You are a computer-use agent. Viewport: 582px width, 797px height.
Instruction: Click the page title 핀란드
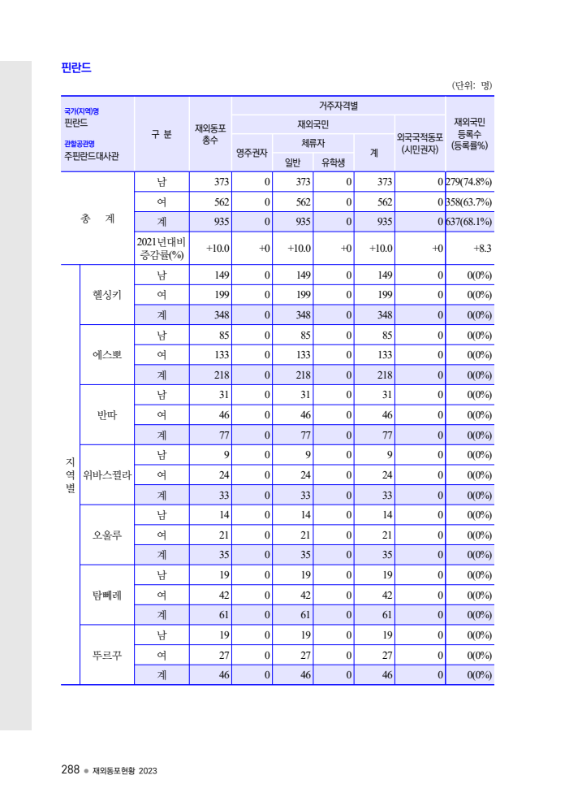pyautogui.click(x=76, y=68)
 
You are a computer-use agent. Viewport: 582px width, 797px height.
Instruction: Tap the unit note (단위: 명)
pyautogui.click(x=472, y=85)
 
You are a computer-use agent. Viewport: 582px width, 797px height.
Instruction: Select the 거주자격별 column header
pyautogui.click(x=338, y=106)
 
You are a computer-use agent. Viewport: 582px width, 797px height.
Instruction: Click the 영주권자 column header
pyautogui.click(x=252, y=152)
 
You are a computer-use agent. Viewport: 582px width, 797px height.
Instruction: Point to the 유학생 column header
pyautogui.click(x=333, y=162)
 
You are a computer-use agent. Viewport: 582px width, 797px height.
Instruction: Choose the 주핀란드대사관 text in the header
pyautogui.click(x=92, y=156)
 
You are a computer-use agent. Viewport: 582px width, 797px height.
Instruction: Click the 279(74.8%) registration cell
pyautogui.click(x=470, y=182)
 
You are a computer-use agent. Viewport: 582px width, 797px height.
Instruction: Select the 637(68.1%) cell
pyautogui.click(x=470, y=222)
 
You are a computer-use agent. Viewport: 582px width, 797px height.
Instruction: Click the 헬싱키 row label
pyautogui.click(x=107, y=294)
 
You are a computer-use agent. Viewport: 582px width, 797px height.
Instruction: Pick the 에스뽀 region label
pyautogui.click(x=107, y=354)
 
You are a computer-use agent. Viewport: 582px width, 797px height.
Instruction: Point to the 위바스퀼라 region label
pyautogui.click(x=107, y=474)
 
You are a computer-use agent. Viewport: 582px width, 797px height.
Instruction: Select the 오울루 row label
pyautogui.click(x=107, y=535)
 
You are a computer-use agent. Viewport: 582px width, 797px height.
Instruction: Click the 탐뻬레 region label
pyautogui.click(x=107, y=595)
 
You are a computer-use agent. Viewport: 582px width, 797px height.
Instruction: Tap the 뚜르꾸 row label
pyautogui.click(x=107, y=655)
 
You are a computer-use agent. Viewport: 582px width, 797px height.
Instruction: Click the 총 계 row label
pyautogui.click(x=97, y=218)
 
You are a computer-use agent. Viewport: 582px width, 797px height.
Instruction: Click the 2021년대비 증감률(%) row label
pyautogui.click(x=162, y=248)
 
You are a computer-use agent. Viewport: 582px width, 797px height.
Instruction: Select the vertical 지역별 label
pyautogui.click(x=70, y=474)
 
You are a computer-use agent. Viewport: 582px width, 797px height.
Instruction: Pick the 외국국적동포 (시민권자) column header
pyautogui.click(x=420, y=144)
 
